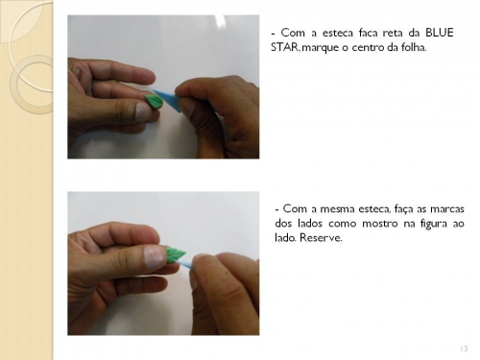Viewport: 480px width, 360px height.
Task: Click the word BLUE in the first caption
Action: (439, 33)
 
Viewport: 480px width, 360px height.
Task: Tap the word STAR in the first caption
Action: (284, 47)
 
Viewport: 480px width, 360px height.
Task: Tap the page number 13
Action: (464, 348)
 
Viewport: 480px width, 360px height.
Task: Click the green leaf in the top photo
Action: (155, 102)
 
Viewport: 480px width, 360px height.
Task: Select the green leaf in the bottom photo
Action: (175, 254)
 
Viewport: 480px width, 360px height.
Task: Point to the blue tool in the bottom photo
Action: (186, 264)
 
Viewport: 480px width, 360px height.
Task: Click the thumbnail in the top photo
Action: (143, 110)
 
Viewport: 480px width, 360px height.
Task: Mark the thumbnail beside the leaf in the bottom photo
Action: (155, 256)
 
